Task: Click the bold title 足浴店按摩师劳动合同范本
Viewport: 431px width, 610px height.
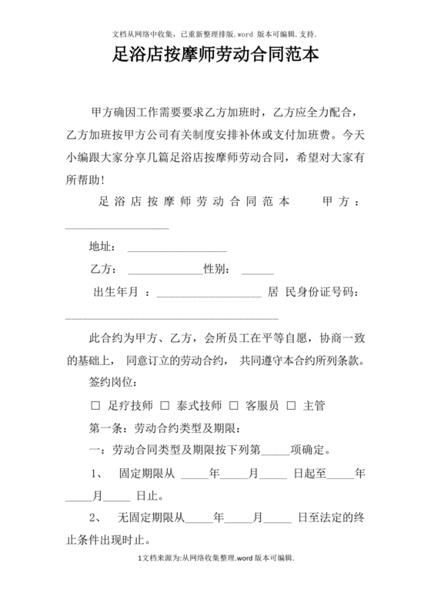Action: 215,56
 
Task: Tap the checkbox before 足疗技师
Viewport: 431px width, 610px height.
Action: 96,404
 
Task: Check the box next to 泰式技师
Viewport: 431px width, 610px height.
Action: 164,404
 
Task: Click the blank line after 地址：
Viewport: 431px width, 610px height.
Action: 176,249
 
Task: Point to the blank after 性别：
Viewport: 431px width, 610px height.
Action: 257,270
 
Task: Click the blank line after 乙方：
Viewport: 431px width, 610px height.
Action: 164,270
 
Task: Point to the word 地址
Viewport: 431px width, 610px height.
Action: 102,248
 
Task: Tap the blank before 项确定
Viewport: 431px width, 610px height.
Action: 276,449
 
